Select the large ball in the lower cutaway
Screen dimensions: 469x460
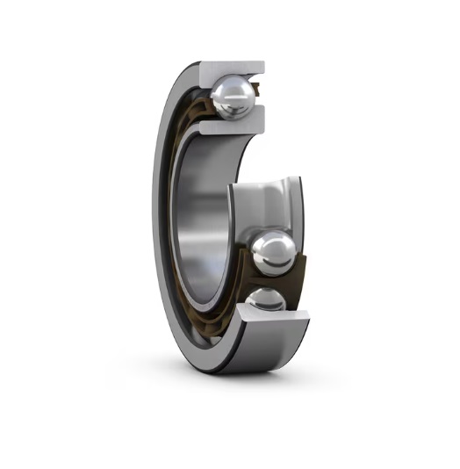click(x=272, y=253)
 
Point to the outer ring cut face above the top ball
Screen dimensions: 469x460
click(x=232, y=69)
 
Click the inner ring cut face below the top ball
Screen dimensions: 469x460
click(x=228, y=127)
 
